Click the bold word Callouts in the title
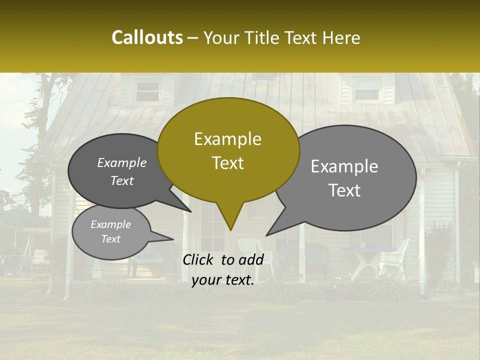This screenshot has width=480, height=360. [147, 37]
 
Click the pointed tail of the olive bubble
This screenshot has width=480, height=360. [230, 227]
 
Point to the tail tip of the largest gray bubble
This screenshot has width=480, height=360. [267, 234]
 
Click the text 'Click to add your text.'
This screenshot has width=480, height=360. [223, 270]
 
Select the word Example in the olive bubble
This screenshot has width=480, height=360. [227, 139]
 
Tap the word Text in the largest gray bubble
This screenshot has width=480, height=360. [345, 190]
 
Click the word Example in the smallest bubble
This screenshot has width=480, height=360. [110, 224]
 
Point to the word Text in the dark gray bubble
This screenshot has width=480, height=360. [122, 181]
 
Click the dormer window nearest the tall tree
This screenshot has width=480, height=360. [147, 91]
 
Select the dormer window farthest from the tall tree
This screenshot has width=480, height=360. [366, 89]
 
